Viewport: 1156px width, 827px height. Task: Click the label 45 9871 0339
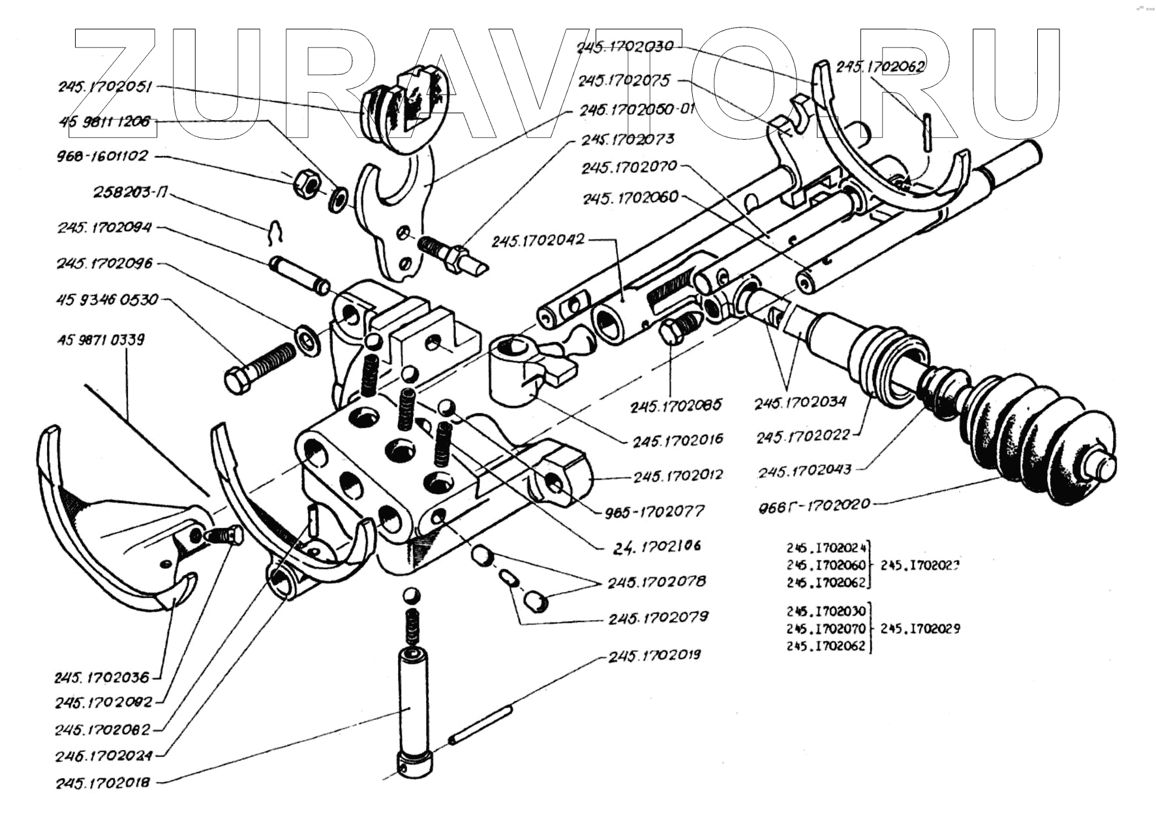tap(101, 339)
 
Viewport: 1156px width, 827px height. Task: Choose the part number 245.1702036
tap(102, 678)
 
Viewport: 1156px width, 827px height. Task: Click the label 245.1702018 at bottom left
tap(103, 782)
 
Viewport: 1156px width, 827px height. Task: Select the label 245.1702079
tap(658, 617)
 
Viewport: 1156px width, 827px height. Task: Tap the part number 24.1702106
tap(658, 546)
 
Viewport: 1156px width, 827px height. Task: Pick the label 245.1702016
tap(678, 440)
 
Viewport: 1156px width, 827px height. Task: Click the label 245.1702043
tap(804, 470)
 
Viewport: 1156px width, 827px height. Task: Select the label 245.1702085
tap(676, 405)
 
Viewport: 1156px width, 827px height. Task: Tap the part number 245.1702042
tap(538, 241)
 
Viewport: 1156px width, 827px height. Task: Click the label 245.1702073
tap(628, 140)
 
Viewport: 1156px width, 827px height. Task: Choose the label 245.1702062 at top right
tap(881, 67)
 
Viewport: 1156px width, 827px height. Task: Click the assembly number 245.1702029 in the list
tap(920, 629)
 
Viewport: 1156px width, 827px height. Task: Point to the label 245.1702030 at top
tap(624, 46)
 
